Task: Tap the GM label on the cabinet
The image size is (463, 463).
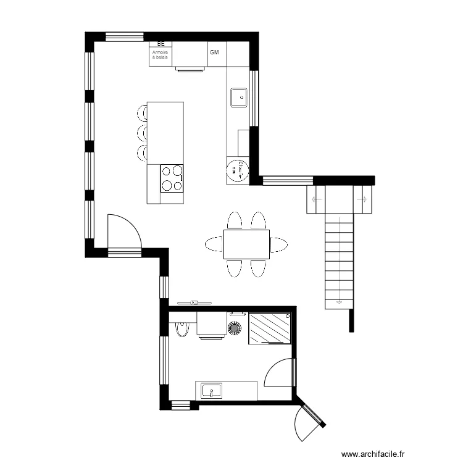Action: pos(215,52)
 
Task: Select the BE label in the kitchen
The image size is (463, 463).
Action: pos(161,44)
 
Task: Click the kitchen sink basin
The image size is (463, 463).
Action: pos(238,97)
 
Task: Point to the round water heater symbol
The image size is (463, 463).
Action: pos(236,170)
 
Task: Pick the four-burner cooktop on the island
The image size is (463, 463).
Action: pos(172,178)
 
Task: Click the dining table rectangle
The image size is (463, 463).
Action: pos(246,244)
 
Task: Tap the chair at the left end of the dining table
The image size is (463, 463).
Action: pos(214,244)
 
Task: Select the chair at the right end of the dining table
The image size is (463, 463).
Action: pos(279,244)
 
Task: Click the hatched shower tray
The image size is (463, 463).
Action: pos(270,328)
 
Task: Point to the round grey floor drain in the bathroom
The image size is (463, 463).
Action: pos(236,328)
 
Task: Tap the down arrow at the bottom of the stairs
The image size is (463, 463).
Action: pos(339,302)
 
